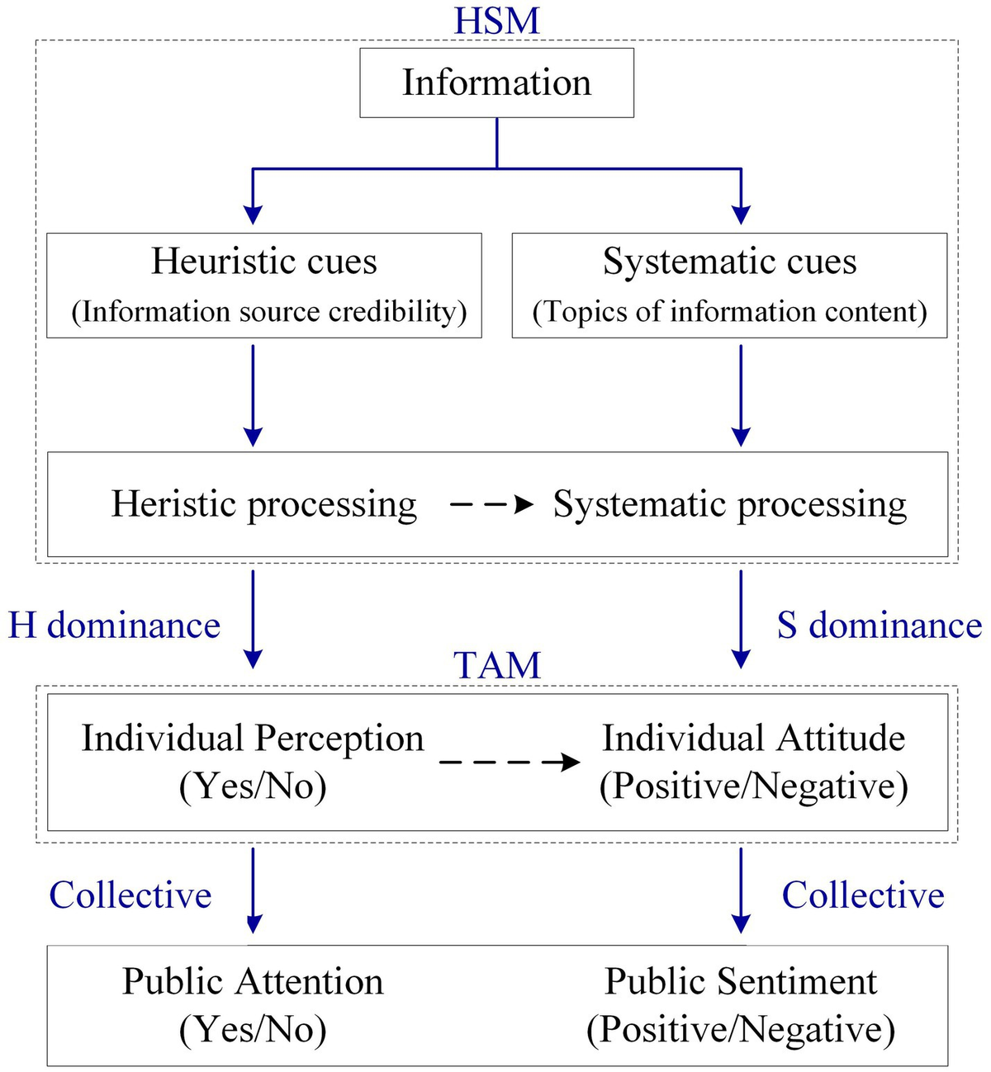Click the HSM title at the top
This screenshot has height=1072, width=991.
(x=496, y=21)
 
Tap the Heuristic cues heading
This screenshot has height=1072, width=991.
(x=263, y=262)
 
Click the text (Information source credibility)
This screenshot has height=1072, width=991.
(x=269, y=312)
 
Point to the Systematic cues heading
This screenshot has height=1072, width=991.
(x=729, y=262)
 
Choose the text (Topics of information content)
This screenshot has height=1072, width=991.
(x=729, y=312)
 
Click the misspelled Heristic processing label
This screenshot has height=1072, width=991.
(x=263, y=505)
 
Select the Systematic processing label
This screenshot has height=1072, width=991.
(x=729, y=505)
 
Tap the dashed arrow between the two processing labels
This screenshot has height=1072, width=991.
(x=491, y=505)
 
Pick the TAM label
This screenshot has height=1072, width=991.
(x=496, y=664)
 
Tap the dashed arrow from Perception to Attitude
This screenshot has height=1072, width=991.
(x=510, y=763)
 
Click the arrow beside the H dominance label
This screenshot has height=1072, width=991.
(x=253, y=620)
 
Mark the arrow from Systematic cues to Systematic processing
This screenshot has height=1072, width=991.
(x=740, y=395)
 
